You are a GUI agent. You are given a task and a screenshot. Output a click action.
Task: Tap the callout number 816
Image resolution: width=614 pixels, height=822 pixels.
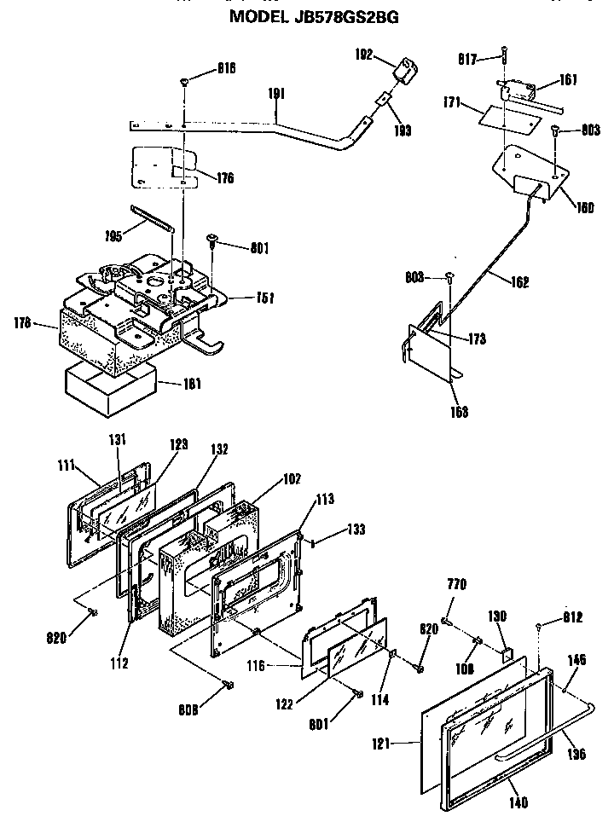pyautogui.click(x=201, y=67)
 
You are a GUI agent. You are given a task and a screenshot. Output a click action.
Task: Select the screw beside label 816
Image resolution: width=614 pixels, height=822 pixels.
pyautogui.click(x=185, y=82)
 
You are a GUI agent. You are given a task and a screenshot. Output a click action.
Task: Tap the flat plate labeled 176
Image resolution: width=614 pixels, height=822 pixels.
pyautogui.click(x=162, y=167)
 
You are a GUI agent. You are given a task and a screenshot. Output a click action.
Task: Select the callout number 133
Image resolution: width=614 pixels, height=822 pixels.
pyautogui.click(x=355, y=530)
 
